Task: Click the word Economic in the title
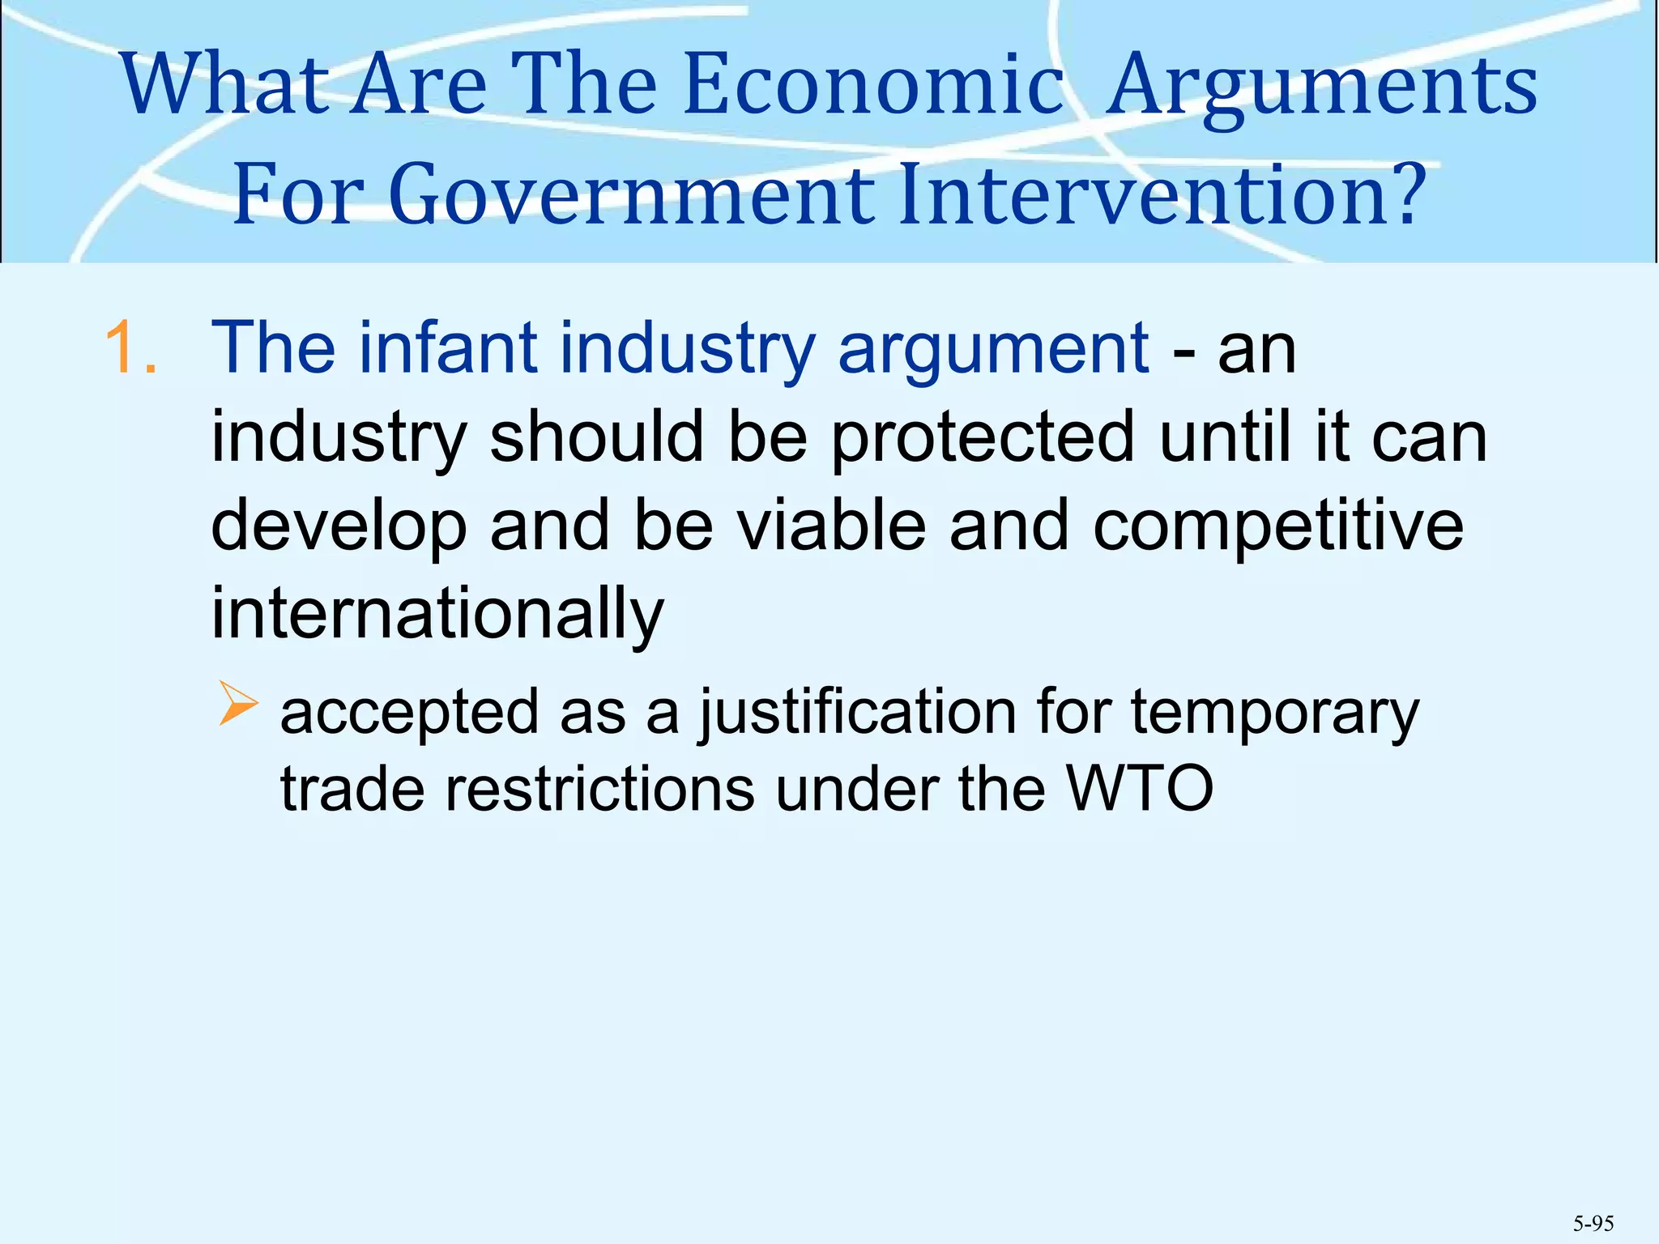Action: tap(872, 84)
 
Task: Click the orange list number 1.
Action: tap(130, 348)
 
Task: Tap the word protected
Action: tap(983, 437)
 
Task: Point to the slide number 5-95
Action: tap(1593, 1223)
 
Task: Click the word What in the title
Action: tap(226, 84)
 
